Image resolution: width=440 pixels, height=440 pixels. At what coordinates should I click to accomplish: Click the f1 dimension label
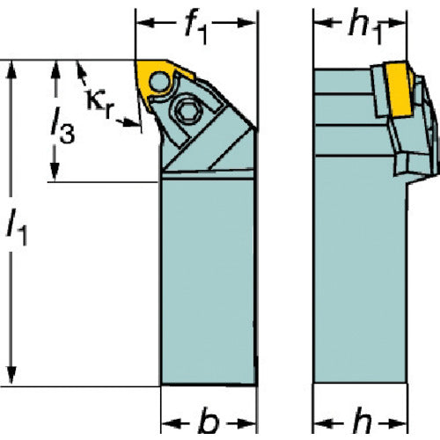point(196,27)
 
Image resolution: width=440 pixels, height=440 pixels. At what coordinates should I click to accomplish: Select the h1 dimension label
point(366,27)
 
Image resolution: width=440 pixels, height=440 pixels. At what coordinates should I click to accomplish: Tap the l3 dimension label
point(62,126)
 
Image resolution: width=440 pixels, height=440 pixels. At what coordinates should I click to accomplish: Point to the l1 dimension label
point(17,227)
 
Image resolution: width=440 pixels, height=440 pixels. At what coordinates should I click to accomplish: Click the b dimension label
point(209,422)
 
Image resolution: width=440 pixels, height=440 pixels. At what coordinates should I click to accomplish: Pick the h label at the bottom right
point(362,422)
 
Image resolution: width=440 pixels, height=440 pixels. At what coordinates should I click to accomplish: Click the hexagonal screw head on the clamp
point(186,111)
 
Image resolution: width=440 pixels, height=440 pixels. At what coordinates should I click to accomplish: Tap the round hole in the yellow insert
point(159,82)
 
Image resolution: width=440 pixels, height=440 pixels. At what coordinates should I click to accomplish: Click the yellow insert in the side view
point(399,89)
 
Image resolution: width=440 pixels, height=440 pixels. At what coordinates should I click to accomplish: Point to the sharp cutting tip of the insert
point(136,61)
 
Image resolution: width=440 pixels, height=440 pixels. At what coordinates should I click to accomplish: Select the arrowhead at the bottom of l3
point(55,172)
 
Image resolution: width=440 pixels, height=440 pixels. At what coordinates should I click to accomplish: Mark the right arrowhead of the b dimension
point(247,423)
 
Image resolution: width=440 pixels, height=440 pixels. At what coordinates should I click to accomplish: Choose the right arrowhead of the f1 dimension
point(247,23)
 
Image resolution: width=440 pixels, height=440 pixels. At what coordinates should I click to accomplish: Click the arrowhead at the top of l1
point(11,70)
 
